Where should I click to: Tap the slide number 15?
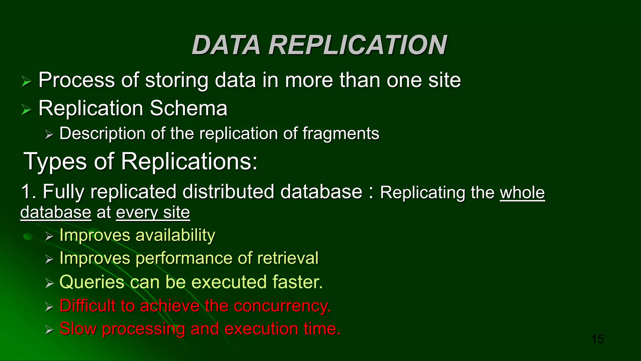point(598,339)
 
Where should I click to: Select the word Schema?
point(188,108)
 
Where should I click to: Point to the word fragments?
point(341,133)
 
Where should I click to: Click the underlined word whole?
point(522,192)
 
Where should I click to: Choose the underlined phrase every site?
point(153,212)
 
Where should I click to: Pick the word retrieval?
point(288,258)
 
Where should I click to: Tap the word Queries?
point(92,282)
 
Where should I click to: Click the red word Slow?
point(78,329)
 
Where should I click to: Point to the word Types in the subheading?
point(55,162)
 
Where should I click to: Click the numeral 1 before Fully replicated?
point(26,191)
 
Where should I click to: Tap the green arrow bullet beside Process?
point(27,82)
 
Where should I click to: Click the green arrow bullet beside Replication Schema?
point(27,110)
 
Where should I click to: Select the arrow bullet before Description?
point(49,135)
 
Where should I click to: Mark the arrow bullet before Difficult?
point(49,306)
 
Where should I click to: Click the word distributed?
point(228,191)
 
